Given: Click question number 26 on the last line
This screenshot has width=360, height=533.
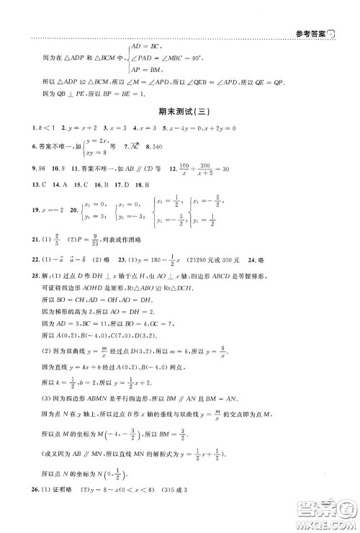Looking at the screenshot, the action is click(17, 512).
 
